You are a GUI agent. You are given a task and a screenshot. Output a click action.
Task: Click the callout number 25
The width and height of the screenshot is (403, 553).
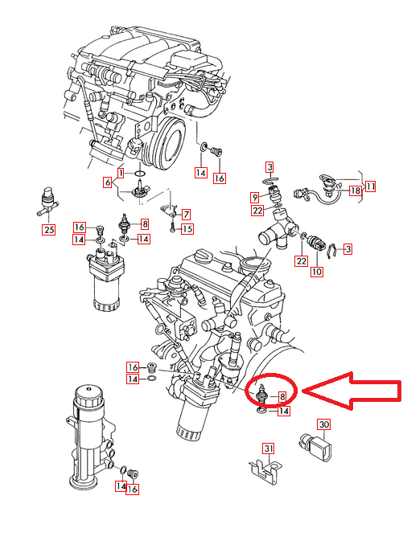point(49,231)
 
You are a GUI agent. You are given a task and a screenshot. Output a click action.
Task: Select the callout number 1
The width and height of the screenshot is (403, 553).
point(120,173)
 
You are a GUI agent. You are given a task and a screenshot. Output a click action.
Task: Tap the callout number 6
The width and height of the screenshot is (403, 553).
point(107,183)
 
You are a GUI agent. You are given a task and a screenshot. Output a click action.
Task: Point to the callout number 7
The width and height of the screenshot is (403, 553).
point(186,215)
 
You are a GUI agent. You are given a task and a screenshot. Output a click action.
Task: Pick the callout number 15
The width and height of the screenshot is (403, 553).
point(187,229)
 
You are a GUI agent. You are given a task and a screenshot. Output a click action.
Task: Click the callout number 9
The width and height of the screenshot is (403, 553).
point(253,197)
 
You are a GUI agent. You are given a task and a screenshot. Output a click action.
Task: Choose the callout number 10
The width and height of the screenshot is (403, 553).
point(316,272)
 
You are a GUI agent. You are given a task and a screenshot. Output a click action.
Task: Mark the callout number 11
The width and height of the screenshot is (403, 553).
point(370,186)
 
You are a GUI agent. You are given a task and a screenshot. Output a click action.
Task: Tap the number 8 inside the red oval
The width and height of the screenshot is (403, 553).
point(282,396)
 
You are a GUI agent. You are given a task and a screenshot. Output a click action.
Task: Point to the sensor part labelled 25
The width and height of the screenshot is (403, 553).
point(47,203)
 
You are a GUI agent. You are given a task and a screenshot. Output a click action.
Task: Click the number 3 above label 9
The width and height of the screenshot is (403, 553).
point(270,166)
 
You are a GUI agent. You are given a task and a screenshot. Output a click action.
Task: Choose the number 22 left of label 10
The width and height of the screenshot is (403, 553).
point(300,260)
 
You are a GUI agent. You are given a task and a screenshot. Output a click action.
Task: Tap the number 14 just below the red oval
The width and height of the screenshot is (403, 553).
point(283,412)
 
